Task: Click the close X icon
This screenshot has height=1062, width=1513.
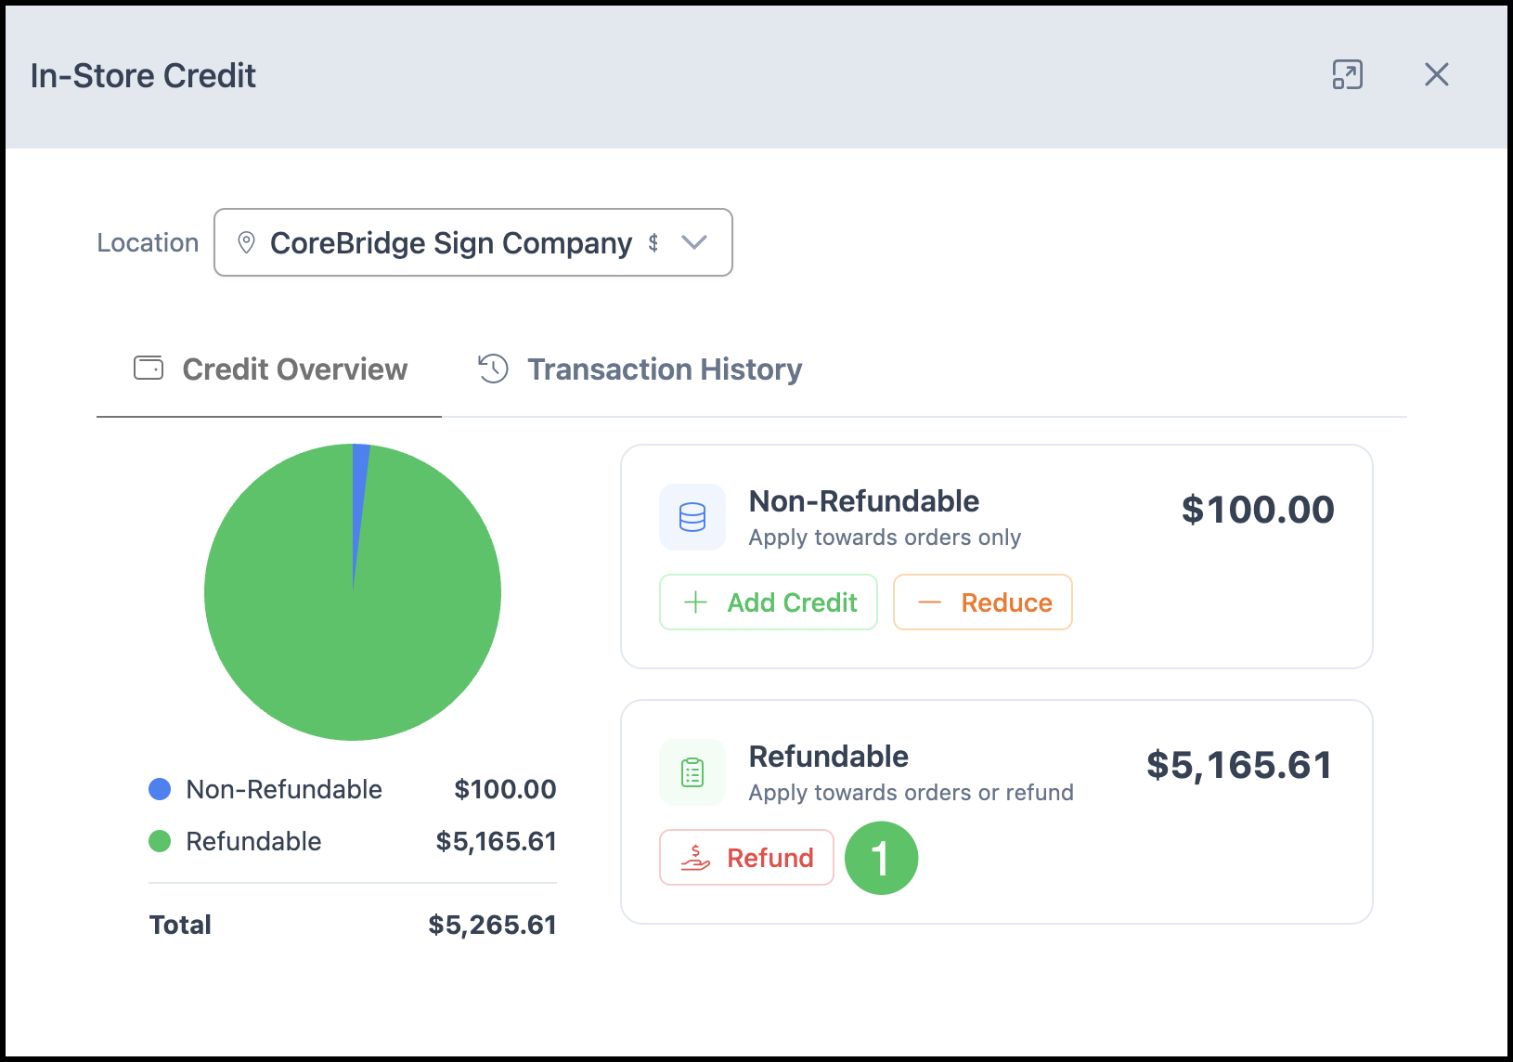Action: (1436, 74)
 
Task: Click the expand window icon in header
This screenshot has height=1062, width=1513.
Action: (1347, 74)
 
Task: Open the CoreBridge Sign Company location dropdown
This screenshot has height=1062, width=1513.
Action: (472, 242)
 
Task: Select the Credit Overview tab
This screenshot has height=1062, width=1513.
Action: (270, 369)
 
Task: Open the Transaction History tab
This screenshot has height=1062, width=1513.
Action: (640, 369)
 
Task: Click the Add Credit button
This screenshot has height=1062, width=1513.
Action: (768, 602)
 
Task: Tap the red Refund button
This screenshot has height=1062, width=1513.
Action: (746, 857)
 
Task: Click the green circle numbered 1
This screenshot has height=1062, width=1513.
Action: (882, 858)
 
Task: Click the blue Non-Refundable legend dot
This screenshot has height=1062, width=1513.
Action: (160, 789)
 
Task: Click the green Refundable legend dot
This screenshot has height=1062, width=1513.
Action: (160, 841)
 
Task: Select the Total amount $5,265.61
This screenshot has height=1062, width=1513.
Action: (492, 925)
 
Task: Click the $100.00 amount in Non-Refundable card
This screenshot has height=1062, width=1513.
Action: (1258, 510)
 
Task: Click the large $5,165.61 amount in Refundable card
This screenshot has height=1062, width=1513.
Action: (1239, 765)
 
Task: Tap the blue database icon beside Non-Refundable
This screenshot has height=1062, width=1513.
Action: (692, 517)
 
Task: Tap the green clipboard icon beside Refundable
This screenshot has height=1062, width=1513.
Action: (692, 772)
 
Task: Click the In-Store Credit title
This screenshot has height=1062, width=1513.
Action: (143, 75)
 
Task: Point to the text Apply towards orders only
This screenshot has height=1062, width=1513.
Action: (885, 537)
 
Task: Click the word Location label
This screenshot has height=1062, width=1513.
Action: (148, 242)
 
